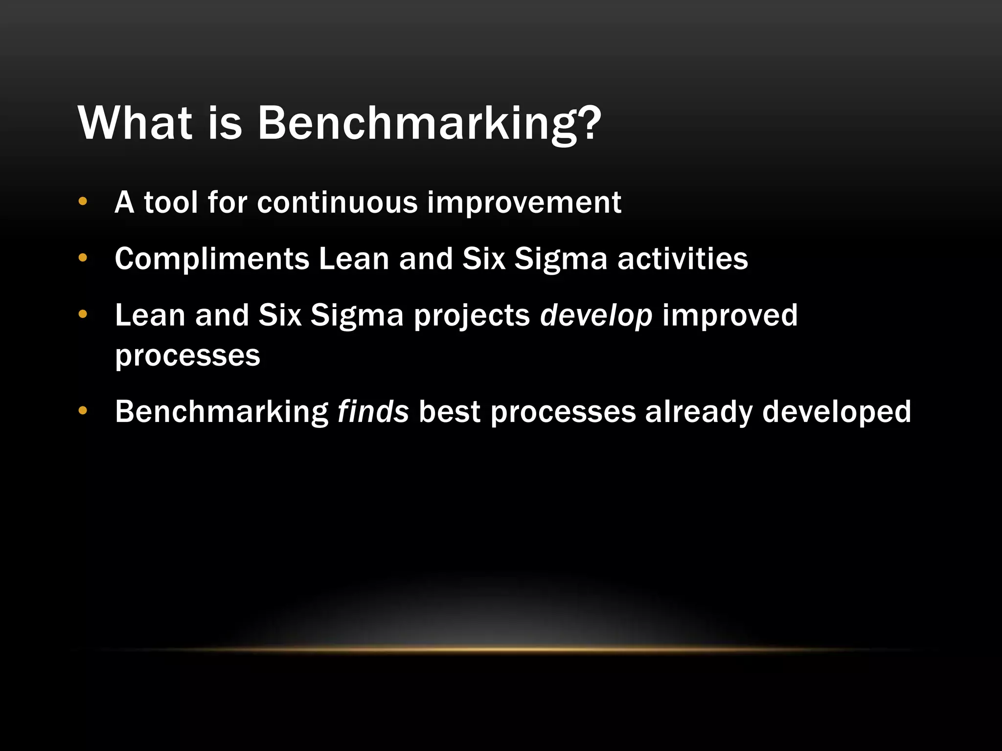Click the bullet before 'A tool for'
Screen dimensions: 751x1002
[x=83, y=201]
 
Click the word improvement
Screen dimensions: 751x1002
[x=524, y=203]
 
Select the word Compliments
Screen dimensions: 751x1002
[x=212, y=259]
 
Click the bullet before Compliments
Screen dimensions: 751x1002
[x=83, y=258]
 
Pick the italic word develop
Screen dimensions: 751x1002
[x=596, y=316]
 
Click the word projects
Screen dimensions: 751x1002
[x=472, y=316]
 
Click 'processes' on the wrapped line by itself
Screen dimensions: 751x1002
[x=187, y=356]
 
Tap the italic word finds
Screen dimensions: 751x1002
[x=373, y=411]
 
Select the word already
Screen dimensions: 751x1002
[x=699, y=412]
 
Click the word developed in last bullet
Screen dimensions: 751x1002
[x=837, y=412]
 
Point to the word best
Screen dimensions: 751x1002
[x=449, y=411]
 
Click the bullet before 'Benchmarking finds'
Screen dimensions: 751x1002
[x=83, y=411]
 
